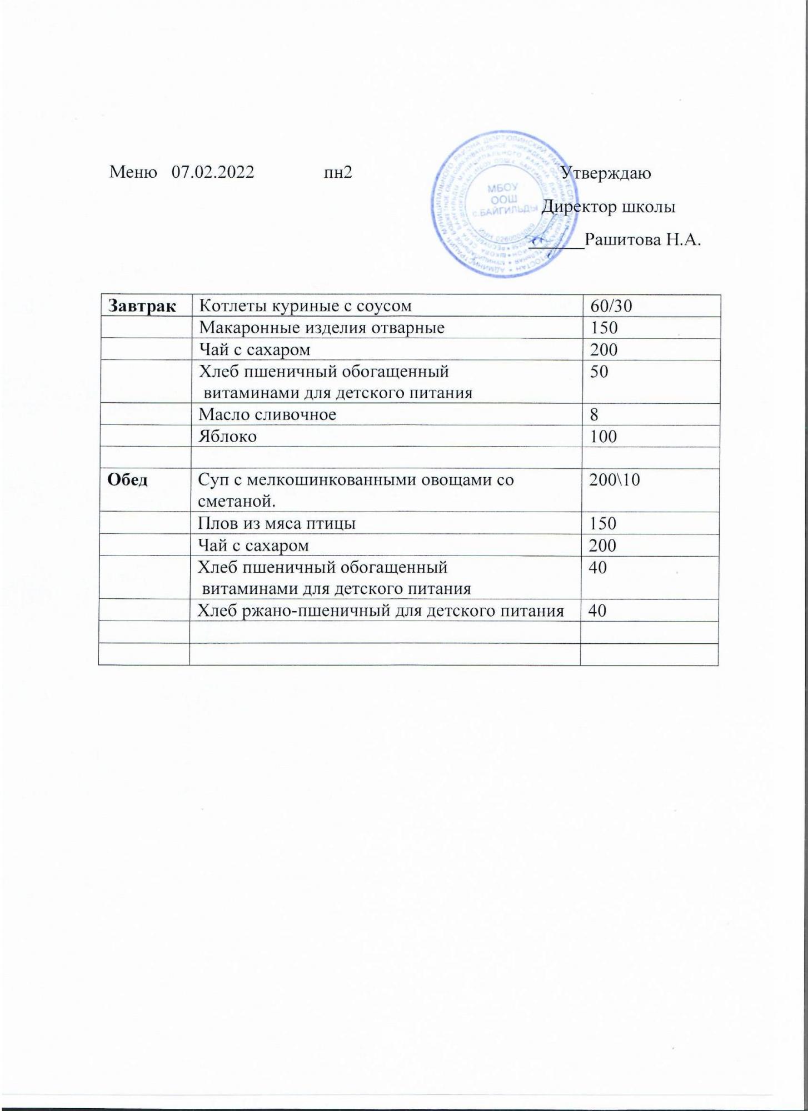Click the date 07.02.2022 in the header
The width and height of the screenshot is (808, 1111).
pyautogui.click(x=213, y=172)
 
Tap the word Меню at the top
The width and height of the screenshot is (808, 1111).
pyautogui.click(x=132, y=172)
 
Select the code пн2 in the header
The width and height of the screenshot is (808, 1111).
pyautogui.click(x=338, y=172)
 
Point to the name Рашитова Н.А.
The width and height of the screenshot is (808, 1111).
pyautogui.click(x=643, y=240)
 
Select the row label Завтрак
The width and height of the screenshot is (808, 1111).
pyautogui.click(x=143, y=306)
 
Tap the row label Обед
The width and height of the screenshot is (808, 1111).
pyautogui.click(x=128, y=480)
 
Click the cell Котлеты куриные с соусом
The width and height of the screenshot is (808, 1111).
pyautogui.click(x=306, y=306)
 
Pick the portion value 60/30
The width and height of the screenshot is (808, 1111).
pyautogui.click(x=611, y=306)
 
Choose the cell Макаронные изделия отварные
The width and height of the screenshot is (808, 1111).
pyautogui.click(x=322, y=328)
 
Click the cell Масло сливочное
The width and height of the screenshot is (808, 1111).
pyautogui.click(x=267, y=414)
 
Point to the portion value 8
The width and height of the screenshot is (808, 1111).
pyautogui.click(x=595, y=414)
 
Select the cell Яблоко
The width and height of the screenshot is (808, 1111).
pyautogui.click(x=228, y=437)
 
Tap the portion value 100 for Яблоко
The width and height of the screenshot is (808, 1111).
pyautogui.click(x=603, y=437)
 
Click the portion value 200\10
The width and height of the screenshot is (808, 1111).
pyautogui.click(x=615, y=480)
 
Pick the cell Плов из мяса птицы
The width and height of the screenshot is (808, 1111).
pyautogui.click(x=277, y=523)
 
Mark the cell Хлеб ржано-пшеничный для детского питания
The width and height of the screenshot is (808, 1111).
pyautogui.click(x=381, y=611)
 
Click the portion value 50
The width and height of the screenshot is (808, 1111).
pyautogui.click(x=599, y=372)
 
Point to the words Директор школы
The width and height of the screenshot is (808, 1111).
pyautogui.click(x=609, y=207)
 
